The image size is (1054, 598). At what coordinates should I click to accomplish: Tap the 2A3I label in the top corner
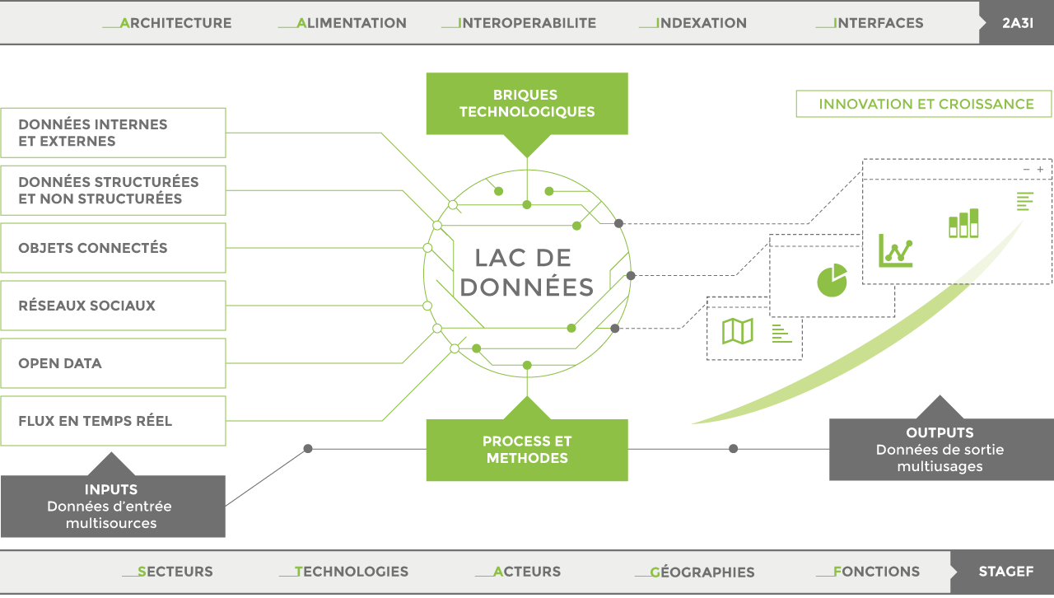[1018, 23]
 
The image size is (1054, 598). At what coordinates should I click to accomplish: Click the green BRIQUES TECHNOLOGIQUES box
[527, 104]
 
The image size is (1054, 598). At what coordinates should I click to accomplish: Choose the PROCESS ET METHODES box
[527, 450]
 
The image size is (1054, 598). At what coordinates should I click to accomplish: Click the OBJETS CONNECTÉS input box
[113, 248]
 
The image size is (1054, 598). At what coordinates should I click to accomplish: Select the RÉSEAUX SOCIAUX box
[113, 306]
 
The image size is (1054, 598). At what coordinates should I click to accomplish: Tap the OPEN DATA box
[113, 363]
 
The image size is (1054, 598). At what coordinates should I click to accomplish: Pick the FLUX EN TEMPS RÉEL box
[113, 421]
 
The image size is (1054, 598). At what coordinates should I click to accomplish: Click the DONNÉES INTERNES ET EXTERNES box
[113, 133]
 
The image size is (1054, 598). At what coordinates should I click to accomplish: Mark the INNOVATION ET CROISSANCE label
[925, 105]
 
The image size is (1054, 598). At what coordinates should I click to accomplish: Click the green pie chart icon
[832, 280]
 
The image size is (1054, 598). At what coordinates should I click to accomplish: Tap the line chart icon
[895, 250]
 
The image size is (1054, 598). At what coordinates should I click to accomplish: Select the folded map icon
[737, 331]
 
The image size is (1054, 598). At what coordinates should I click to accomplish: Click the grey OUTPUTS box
[940, 449]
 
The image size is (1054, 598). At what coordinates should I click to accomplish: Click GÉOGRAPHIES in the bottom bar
[702, 572]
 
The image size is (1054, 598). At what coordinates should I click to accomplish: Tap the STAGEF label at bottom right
[1005, 572]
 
